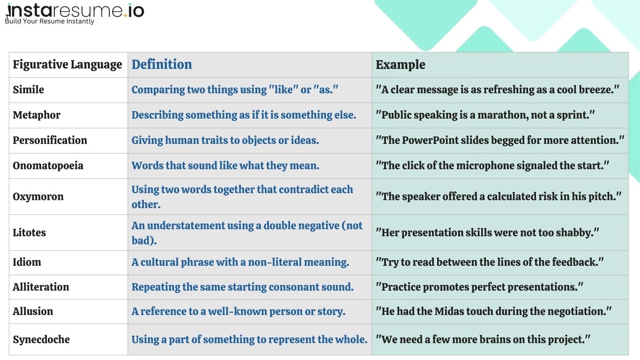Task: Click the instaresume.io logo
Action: click(75, 10)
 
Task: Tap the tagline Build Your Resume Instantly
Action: click(50, 21)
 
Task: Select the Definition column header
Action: click(162, 65)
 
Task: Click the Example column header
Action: click(401, 65)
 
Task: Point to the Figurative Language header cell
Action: click(67, 65)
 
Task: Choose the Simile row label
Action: click(29, 90)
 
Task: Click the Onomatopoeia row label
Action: click(48, 165)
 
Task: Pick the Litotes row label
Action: click(29, 232)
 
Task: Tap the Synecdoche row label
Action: click(41, 339)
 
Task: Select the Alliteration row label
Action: click(41, 287)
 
